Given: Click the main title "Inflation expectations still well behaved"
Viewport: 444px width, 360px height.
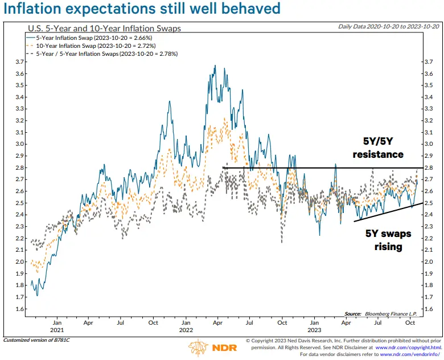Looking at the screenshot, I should point(142,9).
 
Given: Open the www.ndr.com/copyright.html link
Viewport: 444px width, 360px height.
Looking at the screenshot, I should point(408,347).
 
